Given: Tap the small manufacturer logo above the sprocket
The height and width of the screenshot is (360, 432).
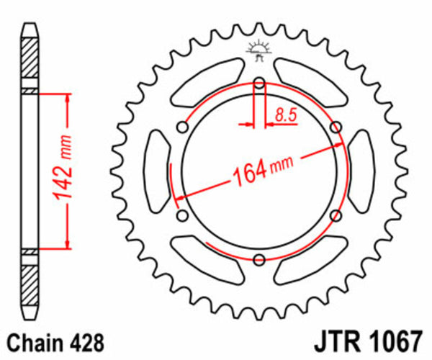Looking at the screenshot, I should tap(258, 49).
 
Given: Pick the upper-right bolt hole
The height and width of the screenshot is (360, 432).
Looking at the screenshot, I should tap(336, 127).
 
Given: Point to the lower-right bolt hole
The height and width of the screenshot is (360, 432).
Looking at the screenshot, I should tap(336, 215).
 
